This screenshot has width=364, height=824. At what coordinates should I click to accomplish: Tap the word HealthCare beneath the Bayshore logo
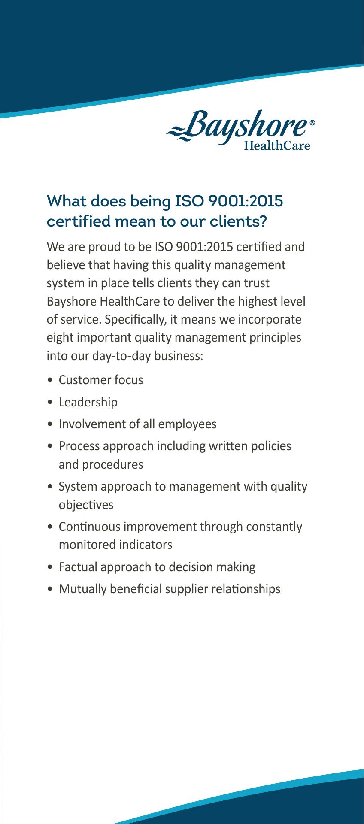coord(276,146)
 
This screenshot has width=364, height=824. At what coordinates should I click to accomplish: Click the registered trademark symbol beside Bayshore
coord(312,123)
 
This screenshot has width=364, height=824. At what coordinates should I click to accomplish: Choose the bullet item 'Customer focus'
coord(101,380)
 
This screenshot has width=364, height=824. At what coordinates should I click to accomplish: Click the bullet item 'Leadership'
coord(88,402)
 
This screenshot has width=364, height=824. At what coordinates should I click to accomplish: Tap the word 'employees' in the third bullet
coord(187,424)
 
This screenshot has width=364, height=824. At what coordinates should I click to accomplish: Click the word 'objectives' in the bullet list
coord(86,505)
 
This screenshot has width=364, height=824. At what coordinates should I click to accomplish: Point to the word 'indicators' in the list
coord(146,545)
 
